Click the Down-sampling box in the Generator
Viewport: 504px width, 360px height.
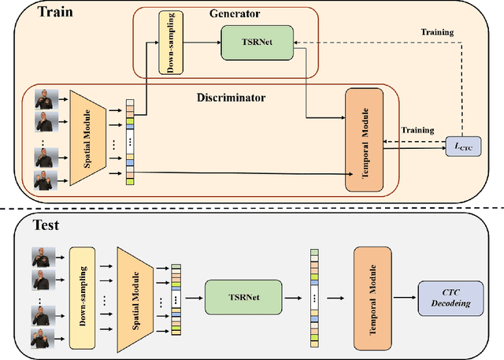coord(168,43)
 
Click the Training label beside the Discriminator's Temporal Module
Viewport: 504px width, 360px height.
coord(417,129)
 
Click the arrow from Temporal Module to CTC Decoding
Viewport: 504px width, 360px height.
coord(405,297)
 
